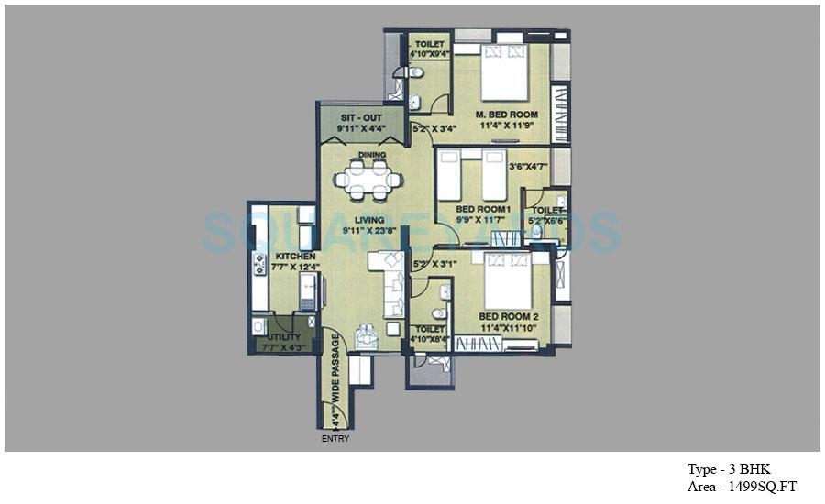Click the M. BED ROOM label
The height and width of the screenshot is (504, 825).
pos(507,115)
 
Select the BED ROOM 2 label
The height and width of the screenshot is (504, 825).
pos(508,316)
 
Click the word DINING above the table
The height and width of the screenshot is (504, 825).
pos(372,155)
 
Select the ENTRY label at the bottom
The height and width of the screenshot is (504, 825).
pos(335,439)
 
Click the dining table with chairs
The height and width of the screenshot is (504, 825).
pos(368,180)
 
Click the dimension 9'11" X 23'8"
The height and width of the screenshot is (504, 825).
pos(366,232)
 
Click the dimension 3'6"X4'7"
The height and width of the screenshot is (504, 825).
pos(527,167)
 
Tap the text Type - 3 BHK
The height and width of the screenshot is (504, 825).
pos(728,470)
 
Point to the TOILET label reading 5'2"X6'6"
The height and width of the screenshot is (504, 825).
pos(547,210)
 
